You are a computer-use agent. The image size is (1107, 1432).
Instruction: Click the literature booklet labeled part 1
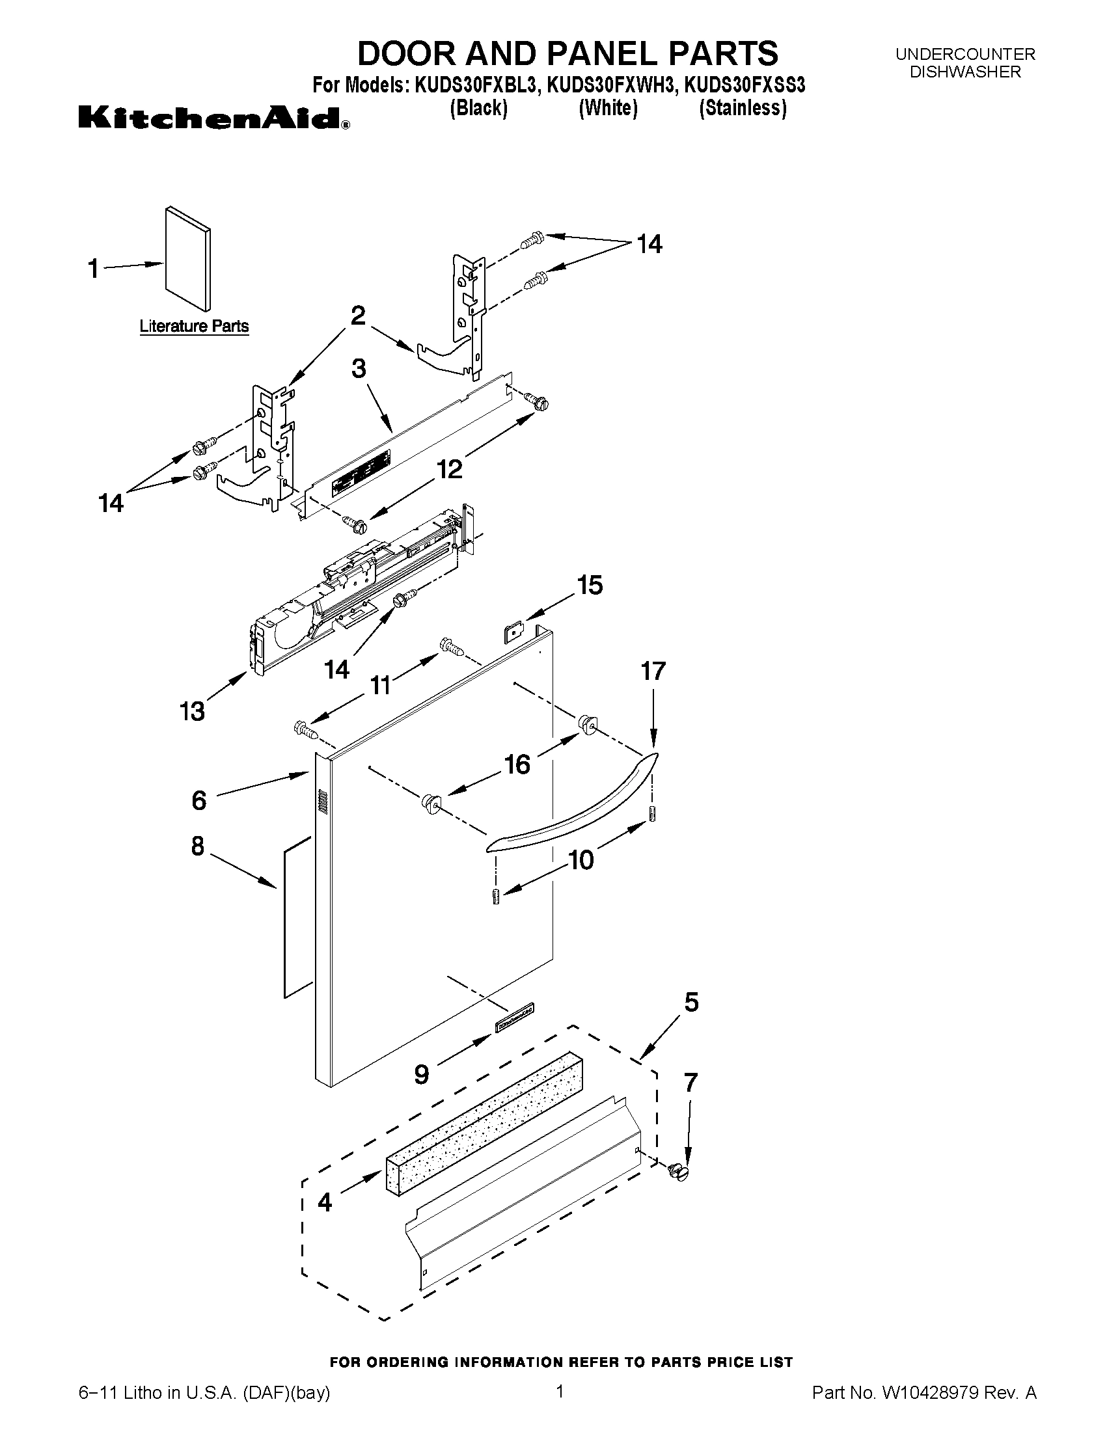[188, 258]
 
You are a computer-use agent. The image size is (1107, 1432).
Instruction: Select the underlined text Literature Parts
[194, 326]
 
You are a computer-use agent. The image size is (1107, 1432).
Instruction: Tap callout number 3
[359, 368]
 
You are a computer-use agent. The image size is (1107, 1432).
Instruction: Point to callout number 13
[193, 710]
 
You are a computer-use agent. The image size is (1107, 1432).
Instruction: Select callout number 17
[653, 671]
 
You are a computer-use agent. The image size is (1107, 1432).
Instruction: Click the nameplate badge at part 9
[514, 1018]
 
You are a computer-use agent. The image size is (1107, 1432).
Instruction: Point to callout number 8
[198, 846]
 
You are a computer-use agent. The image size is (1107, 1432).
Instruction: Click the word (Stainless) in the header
[743, 107]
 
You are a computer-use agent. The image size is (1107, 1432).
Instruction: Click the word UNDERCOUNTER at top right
[964, 55]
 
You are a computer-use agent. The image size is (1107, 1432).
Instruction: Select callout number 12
[450, 469]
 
